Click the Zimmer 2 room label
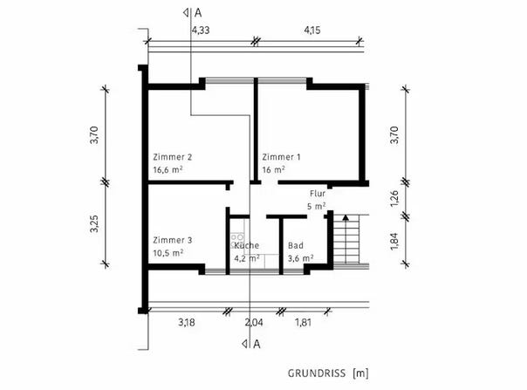pos(173,157)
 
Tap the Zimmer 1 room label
pos(281,157)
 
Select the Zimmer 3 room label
pos(173,240)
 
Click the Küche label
pos(246,245)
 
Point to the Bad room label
pos(296,245)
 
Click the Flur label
pos(318,194)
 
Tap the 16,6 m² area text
pos(168,169)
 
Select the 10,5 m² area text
pos(168,253)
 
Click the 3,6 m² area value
pos(300,258)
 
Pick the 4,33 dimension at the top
pos(201,31)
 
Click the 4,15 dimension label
pos(312,31)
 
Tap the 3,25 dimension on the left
pos(94,223)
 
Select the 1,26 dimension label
pos(394,199)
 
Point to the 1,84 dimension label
pos(394,242)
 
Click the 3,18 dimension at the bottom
pos(187,323)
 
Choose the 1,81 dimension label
pos(303,323)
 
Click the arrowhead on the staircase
pos(346,217)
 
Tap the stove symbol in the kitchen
pos(237,241)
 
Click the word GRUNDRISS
pos(317,373)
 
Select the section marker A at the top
pos(197,13)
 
